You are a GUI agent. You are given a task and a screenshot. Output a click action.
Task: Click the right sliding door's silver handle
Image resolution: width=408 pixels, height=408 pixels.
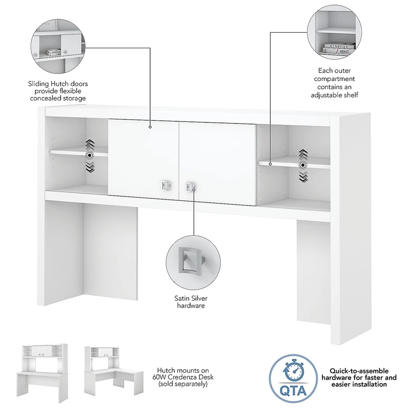click(x=189, y=187)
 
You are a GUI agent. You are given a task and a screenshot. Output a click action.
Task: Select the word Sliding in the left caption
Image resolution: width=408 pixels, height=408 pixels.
click(x=38, y=84)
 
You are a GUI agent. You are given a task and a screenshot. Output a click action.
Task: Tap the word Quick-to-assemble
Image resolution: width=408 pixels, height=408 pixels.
click(x=359, y=371)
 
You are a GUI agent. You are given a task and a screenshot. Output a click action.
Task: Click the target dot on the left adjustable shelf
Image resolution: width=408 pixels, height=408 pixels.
click(x=90, y=156)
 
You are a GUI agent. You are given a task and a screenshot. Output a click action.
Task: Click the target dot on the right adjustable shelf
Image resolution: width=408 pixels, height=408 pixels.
click(x=303, y=165)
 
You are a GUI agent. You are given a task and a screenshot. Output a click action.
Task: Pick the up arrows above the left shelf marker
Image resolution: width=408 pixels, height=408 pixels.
click(x=90, y=144)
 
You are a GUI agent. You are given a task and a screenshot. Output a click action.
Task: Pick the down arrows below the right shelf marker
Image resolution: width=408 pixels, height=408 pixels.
click(x=303, y=176)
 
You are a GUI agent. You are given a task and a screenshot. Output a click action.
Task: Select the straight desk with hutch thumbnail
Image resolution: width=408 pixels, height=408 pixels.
click(x=42, y=373)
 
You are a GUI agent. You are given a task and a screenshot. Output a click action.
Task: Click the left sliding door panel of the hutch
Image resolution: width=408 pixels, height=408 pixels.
click(x=143, y=159)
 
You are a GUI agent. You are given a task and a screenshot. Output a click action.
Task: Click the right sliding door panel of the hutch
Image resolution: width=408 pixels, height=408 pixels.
click(x=218, y=164)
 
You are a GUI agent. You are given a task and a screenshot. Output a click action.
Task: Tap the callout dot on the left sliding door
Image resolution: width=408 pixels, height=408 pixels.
click(x=150, y=127)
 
